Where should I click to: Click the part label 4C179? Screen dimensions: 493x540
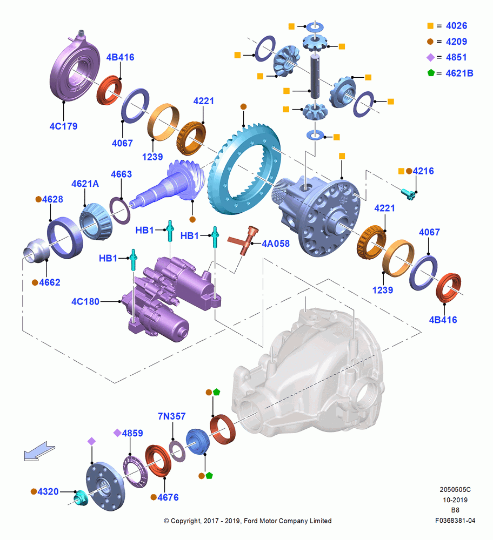[x=63, y=126]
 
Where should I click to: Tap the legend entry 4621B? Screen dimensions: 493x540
[x=459, y=73]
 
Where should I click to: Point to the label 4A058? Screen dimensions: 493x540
[x=276, y=244]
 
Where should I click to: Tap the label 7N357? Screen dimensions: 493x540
[x=172, y=416]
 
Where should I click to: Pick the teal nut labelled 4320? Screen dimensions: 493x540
[x=81, y=497]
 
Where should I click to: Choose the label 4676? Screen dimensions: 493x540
[x=168, y=497]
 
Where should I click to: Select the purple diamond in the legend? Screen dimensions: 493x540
[x=431, y=58]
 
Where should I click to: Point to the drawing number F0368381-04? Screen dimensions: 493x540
[x=455, y=521]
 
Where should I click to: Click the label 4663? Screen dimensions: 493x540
[x=121, y=174]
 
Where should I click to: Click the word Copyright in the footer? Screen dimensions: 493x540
[x=186, y=521]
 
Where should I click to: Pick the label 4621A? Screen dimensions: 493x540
[x=85, y=184]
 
